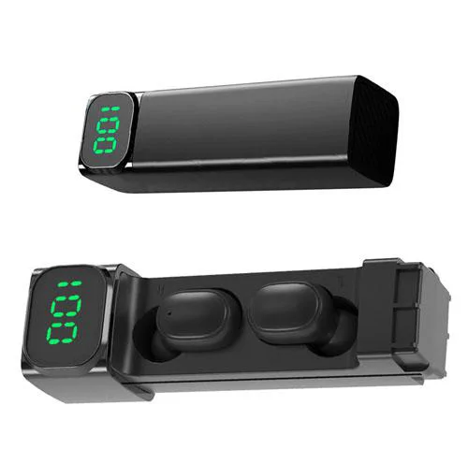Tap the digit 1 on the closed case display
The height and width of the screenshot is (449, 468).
point(110,109)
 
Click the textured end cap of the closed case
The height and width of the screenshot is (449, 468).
point(373,131)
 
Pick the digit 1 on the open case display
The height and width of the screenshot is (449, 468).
point(70,284)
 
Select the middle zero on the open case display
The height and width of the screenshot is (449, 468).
point(66,307)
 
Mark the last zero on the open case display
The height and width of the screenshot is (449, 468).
point(62,333)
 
